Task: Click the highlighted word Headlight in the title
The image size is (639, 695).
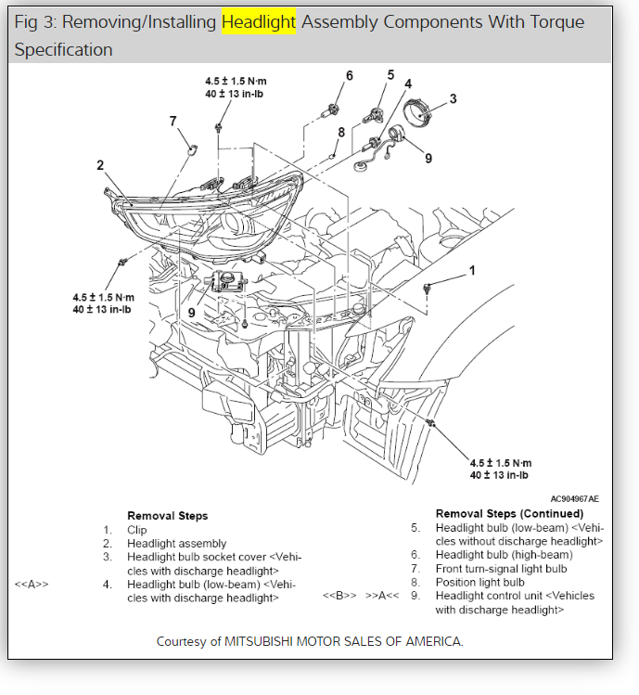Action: click(259, 21)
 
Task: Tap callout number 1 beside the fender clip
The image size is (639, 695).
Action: click(471, 271)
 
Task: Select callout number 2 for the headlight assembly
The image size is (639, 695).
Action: click(100, 166)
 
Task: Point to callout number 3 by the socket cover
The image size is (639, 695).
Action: click(453, 98)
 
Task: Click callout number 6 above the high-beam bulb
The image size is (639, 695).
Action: click(349, 75)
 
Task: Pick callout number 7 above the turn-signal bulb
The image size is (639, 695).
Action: click(173, 121)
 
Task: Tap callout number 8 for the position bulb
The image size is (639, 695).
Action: click(341, 132)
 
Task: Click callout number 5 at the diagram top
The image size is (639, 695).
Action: click(390, 74)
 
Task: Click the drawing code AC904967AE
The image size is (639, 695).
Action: click(574, 498)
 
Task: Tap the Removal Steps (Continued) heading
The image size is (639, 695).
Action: click(509, 513)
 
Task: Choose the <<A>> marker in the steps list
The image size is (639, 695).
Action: click(32, 584)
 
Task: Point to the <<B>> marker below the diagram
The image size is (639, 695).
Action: click(339, 595)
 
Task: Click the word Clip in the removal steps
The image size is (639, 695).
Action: click(138, 530)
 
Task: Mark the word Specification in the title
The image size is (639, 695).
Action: click(63, 49)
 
